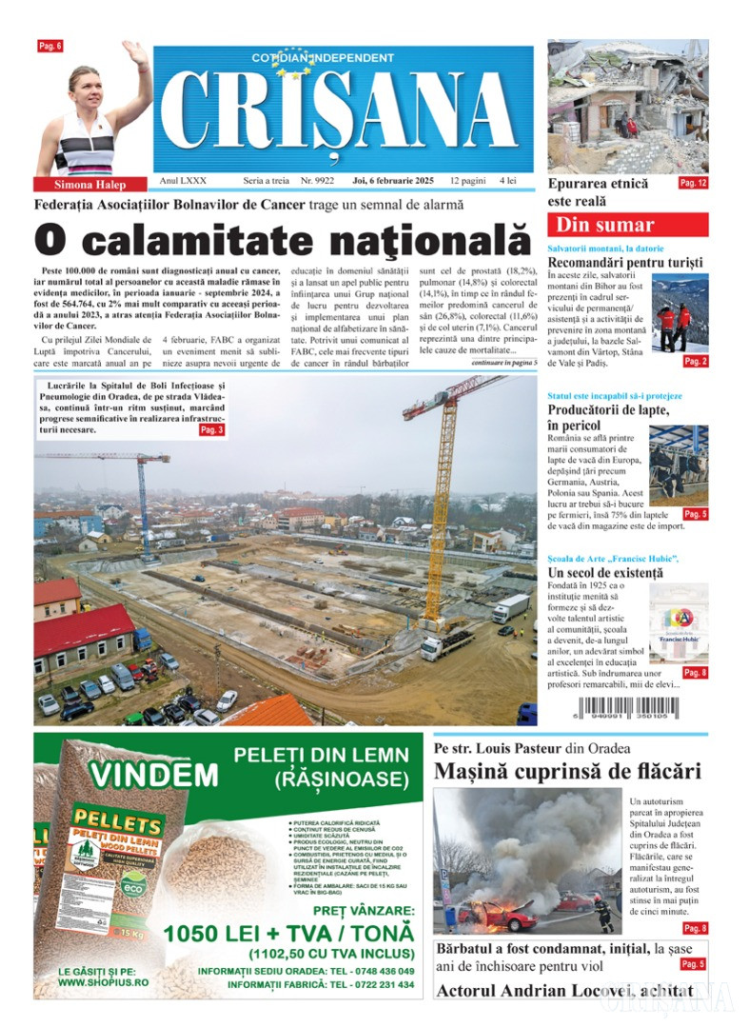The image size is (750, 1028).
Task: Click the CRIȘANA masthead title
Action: pos(343,112)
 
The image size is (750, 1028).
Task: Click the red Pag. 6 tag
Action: pos(49,46)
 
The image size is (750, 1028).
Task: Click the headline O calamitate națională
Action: pos(281,238)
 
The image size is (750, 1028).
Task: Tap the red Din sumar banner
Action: pos(627,226)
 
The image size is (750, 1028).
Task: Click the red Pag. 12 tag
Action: pos(693,182)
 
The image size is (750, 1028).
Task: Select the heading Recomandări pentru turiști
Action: pos(625,262)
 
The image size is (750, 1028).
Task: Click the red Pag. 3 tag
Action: pos(211,430)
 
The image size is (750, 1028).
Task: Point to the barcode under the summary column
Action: pos(627,709)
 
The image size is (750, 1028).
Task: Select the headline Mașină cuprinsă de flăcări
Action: pos(567,772)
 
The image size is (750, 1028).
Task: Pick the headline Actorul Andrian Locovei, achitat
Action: pos(563,991)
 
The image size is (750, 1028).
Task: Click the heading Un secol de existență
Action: pos(605,573)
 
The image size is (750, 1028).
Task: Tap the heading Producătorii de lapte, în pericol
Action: pos(608,417)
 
